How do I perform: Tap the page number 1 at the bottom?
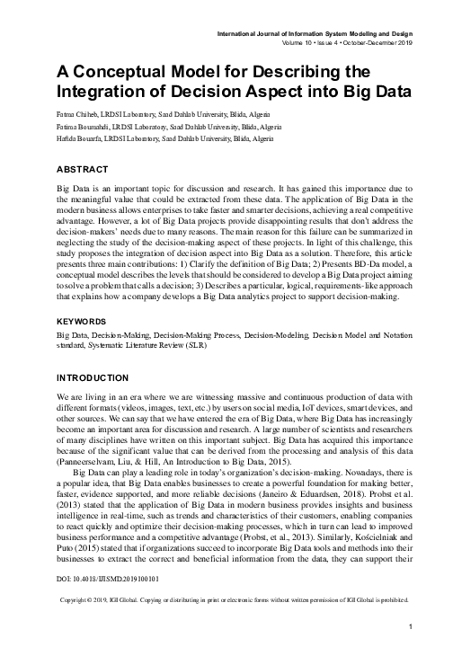click(410, 626)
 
